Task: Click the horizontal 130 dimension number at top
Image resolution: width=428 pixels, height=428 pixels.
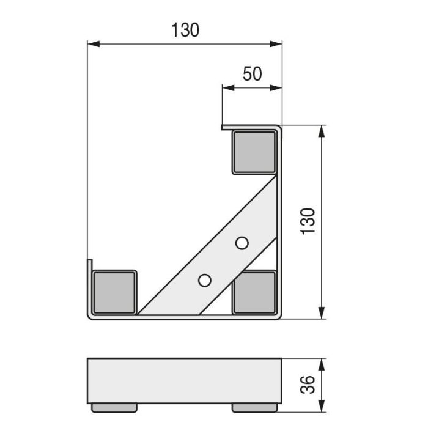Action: click(185, 30)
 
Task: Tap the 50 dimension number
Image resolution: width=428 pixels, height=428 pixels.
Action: click(252, 74)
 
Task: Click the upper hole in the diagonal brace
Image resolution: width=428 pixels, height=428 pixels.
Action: click(242, 243)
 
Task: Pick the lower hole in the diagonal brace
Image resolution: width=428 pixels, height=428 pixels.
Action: click(205, 280)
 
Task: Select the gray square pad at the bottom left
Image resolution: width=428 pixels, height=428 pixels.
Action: click(114, 292)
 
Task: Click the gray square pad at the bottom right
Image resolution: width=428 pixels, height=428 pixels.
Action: click(254, 292)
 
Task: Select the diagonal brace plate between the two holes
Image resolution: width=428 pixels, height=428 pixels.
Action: click(223, 262)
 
